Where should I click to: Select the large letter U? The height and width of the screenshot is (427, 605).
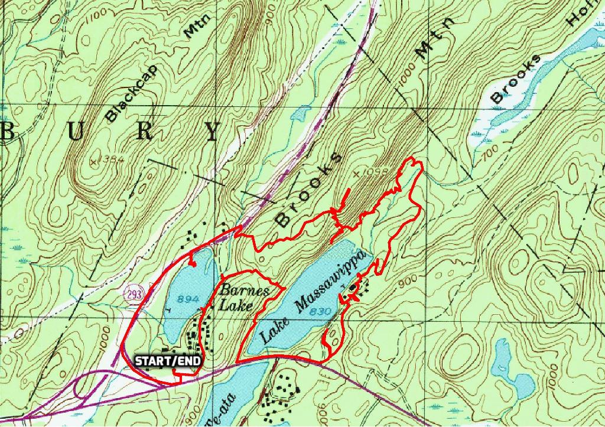click(x=76, y=132)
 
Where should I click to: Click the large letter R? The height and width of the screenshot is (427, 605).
click(x=144, y=131)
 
